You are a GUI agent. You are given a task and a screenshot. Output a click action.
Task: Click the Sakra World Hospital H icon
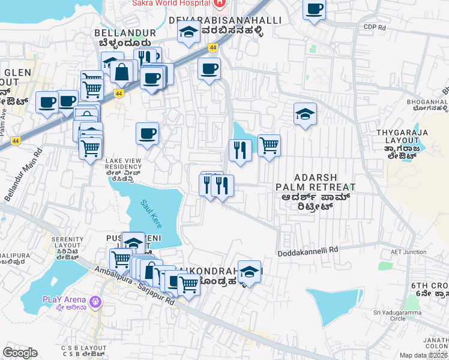(220, 3)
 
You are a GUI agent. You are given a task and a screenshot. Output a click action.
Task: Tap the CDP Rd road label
(373, 27)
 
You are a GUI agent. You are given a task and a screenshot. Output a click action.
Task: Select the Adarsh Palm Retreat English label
(315, 182)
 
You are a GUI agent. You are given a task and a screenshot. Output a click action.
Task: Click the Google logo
(20, 352)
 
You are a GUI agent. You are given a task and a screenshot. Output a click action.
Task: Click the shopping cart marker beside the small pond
(269, 145)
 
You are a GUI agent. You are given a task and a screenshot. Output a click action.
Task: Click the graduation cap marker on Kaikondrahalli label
(249, 272)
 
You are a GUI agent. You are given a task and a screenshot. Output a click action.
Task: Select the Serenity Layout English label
(67, 242)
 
